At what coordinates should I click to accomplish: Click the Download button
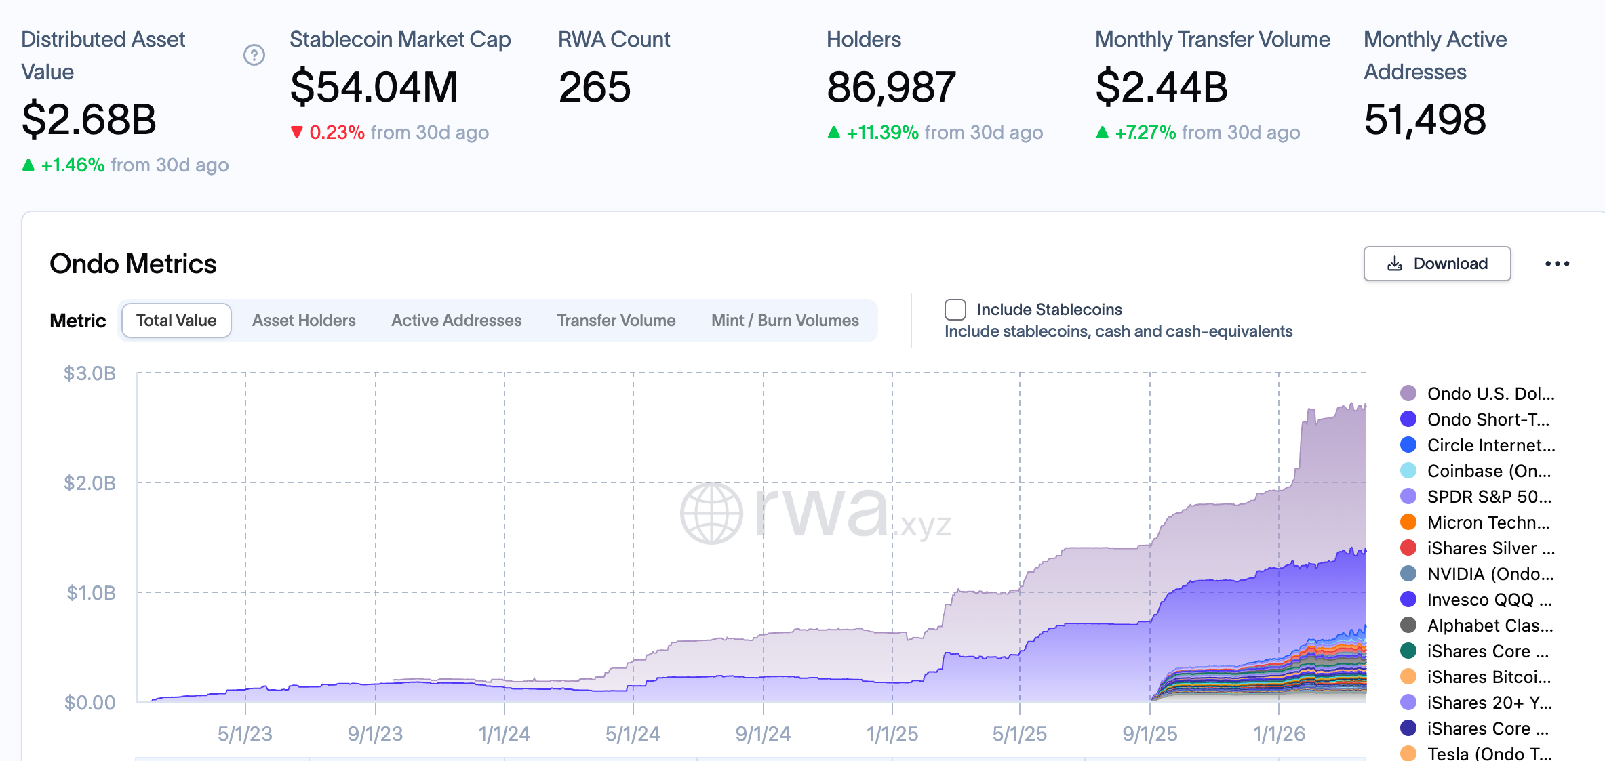pos(1437,264)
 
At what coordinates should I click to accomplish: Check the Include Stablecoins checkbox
pos(955,310)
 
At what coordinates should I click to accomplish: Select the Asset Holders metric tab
pos(304,321)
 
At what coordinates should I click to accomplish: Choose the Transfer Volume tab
pos(616,321)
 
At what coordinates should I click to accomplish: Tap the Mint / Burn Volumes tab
pos(785,321)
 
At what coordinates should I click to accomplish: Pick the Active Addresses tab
pos(456,321)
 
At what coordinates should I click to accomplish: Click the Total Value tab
pos(176,321)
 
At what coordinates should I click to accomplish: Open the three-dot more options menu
pos(1557,264)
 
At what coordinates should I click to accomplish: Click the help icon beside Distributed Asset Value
pos(254,55)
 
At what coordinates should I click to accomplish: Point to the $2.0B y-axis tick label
pos(90,483)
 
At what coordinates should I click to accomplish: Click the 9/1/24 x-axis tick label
pos(763,734)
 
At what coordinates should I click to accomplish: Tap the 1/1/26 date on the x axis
pos(1279,734)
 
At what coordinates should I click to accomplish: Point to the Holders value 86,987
pos(891,87)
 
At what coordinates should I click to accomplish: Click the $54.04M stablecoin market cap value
pos(374,87)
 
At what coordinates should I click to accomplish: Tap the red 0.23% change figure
pos(336,132)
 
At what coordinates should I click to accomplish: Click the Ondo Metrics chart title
pos(133,264)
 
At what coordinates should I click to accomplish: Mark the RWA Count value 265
pos(595,87)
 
